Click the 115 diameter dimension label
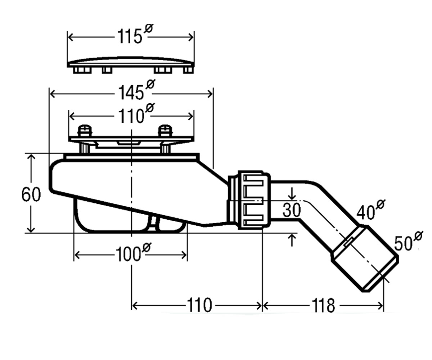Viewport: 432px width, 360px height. point(135,34)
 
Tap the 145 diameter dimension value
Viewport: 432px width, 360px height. point(136,90)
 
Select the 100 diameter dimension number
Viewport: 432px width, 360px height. point(134,252)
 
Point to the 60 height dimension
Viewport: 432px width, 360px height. point(31,194)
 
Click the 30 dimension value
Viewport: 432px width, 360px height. point(292,210)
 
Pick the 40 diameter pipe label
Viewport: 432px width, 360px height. point(370,210)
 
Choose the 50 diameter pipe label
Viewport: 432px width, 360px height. point(408,241)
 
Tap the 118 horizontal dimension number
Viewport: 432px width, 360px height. point(323,306)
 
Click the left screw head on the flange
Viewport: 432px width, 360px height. point(85,130)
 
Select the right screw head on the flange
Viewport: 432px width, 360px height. point(165,130)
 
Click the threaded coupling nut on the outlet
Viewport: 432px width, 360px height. point(254,200)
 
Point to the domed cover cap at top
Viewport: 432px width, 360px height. point(131,62)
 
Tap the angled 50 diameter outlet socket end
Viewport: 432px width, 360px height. point(365,258)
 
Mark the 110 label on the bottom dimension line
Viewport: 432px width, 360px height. point(199,305)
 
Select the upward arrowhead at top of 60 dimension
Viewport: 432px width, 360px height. point(31,157)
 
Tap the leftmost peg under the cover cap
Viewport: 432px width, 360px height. point(82,70)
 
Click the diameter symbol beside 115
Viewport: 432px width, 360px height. point(149,28)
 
